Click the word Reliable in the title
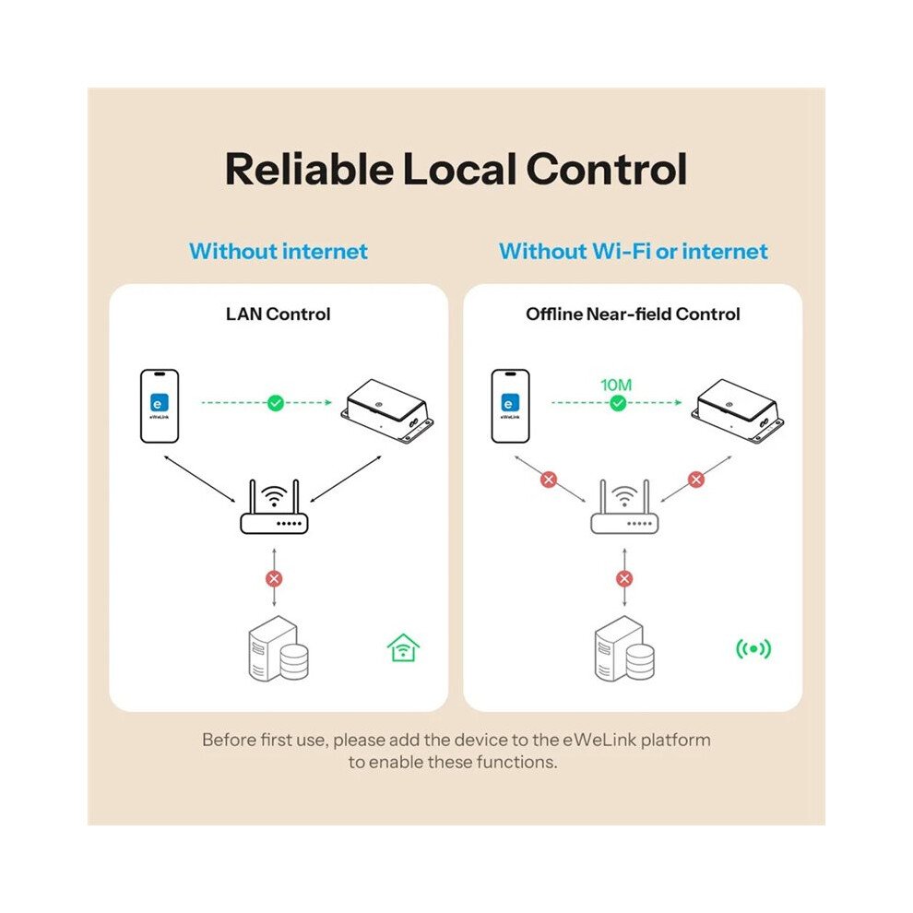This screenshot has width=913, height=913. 309,169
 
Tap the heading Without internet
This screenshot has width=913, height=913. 279,251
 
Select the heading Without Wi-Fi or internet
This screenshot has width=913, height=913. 634,251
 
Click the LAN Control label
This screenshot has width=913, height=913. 279,314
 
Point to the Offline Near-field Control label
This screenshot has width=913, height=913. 633,314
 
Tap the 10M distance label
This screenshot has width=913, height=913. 616,385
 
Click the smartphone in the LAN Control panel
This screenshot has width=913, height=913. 160,406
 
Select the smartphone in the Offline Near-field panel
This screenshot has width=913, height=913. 510,406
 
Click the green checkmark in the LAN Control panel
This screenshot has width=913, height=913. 276,402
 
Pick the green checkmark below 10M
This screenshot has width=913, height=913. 618,403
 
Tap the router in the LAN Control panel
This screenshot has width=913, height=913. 274,506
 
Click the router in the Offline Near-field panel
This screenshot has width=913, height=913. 624,506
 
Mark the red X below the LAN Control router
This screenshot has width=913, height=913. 274,578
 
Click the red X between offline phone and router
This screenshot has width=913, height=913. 549,480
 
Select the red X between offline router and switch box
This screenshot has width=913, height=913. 695,480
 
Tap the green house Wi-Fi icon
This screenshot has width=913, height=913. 403,648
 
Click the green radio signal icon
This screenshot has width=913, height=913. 753,648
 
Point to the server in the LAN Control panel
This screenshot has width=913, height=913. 279,648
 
